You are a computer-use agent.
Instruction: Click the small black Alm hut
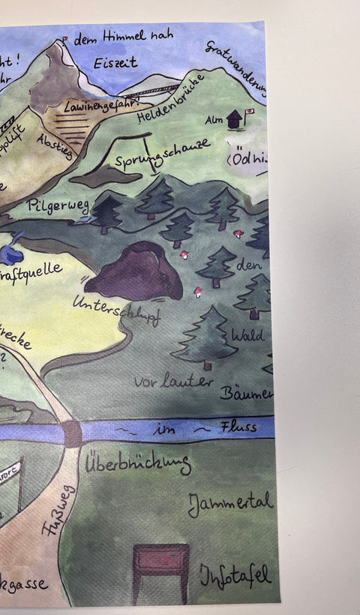[234, 118]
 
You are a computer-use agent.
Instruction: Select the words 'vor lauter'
[172, 381]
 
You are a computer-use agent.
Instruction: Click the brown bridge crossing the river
[73, 433]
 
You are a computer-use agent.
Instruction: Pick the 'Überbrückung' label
[137, 464]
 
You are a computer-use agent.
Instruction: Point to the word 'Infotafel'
[235, 575]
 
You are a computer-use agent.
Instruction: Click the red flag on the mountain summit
[66, 37]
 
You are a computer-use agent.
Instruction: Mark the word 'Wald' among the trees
[247, 334]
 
